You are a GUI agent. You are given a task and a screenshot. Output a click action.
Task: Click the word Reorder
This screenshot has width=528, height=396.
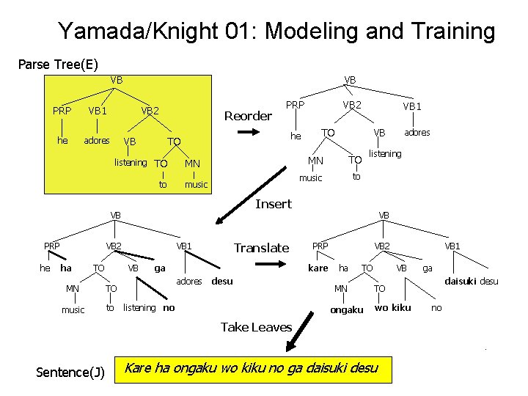tap(247, 116)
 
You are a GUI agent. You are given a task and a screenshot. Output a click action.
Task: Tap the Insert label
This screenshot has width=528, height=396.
tap(273, 204)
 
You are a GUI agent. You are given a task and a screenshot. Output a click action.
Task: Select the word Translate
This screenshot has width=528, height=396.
tap(261, 248)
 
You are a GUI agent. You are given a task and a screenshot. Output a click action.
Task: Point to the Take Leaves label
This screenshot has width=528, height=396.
tap(256, 327)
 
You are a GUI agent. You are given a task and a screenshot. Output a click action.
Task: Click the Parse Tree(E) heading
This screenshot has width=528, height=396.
tap(58, 64)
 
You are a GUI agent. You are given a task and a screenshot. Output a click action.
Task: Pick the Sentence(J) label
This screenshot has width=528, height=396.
tap(70, 372)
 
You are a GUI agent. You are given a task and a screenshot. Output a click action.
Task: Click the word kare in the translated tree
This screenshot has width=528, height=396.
tap(318, 268)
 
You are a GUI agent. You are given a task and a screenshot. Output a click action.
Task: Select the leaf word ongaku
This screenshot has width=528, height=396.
tap(346, 310)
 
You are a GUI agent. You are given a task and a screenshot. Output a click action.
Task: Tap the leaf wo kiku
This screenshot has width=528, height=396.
tap(392, 307)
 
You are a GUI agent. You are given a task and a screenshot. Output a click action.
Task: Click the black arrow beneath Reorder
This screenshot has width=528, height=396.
tap(247, 133)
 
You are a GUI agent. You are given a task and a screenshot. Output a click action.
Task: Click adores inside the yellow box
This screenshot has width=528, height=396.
tap(97, 140)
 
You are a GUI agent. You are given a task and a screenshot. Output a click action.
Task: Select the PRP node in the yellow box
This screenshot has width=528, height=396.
tap(62, 111)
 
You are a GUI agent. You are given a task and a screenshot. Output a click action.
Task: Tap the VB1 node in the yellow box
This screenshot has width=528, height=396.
tap(98, 111)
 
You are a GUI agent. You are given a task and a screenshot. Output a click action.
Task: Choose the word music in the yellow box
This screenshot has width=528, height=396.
tap(196, 184)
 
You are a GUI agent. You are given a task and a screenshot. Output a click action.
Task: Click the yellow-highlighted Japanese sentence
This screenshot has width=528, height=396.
tap(252, 367)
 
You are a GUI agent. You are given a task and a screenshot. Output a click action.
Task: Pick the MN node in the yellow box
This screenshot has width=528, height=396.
tap(193, 163)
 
